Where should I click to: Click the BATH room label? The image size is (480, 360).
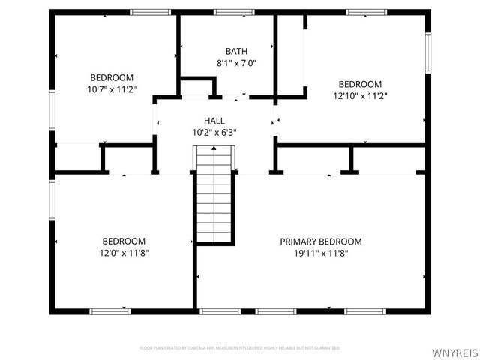[226, 51]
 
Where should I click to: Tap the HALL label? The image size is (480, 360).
[214, 121]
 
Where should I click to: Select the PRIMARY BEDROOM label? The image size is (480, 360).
[321, 241]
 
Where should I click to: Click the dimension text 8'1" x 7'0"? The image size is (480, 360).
[226, 63]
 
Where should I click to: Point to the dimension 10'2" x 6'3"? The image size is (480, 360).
[214, 133]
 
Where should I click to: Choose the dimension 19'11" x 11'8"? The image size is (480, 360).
[321, 253]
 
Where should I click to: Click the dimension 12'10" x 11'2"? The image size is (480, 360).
[360, 96]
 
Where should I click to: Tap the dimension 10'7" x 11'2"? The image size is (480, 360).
[112, 89]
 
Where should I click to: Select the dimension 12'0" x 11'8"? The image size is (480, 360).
[124, 253]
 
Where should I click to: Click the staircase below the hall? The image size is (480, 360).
[214, 195]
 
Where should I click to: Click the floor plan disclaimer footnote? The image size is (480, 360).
[239, 348]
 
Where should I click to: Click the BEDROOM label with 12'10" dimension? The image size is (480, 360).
[360, 84]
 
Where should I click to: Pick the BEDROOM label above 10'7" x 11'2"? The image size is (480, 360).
[112, 77]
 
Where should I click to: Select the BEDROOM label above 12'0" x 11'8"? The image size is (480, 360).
[124, 241]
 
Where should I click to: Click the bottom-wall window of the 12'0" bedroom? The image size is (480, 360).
[109, 310]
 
